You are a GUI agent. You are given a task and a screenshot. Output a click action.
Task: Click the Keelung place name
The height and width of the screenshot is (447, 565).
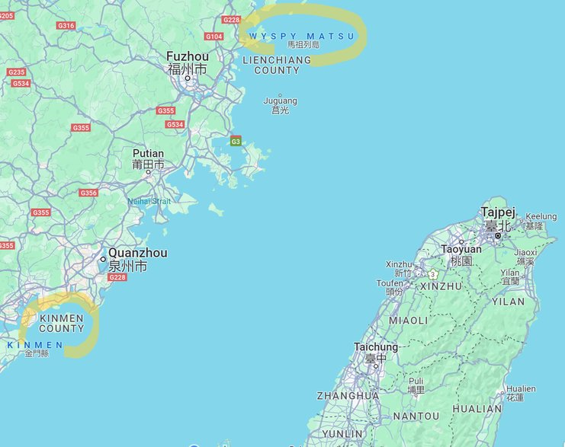point(541,217)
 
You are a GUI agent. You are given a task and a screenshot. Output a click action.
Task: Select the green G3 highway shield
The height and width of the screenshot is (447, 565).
point(236,142)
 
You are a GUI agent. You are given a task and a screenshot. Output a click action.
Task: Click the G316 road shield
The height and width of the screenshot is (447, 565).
point(66,25)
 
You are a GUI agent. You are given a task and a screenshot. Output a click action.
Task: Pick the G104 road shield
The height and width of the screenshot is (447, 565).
point(214,37)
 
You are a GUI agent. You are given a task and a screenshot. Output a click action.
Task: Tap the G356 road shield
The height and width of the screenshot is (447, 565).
point(88,193)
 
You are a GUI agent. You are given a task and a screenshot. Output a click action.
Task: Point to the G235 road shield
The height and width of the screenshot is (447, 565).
point(16,72)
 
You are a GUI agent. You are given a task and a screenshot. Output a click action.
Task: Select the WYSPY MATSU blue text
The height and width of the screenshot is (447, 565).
point(301,36)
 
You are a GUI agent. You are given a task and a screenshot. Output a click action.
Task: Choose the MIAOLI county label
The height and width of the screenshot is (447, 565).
point(409,321)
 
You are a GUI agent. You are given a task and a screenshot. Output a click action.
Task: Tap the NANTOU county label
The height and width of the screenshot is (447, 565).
point(416,417)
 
